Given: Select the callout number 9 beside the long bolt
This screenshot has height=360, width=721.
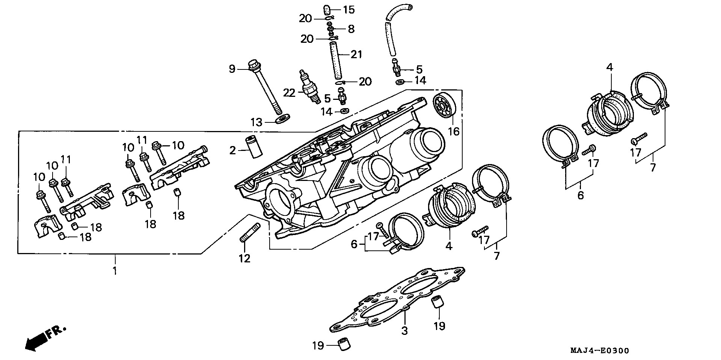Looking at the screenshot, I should click(232, 69).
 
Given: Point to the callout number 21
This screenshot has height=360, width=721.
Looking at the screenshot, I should click(356, 55).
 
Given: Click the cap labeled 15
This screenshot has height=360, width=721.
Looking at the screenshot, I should click(327, 9).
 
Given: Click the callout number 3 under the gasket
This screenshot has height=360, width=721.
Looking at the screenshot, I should click(405, 331).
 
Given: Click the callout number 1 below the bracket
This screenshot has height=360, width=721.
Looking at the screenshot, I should click(115, 271).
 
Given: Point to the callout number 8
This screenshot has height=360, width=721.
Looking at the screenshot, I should click(351, 29).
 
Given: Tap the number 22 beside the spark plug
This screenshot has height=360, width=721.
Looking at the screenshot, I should click(290, 93).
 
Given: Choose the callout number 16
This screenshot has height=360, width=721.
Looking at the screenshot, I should click(454, 131).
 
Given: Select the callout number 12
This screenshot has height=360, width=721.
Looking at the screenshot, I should click(244, 259).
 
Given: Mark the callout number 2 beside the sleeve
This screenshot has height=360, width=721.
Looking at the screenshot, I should click(233, 151).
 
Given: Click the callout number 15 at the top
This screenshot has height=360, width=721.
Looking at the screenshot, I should click(349, 9).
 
